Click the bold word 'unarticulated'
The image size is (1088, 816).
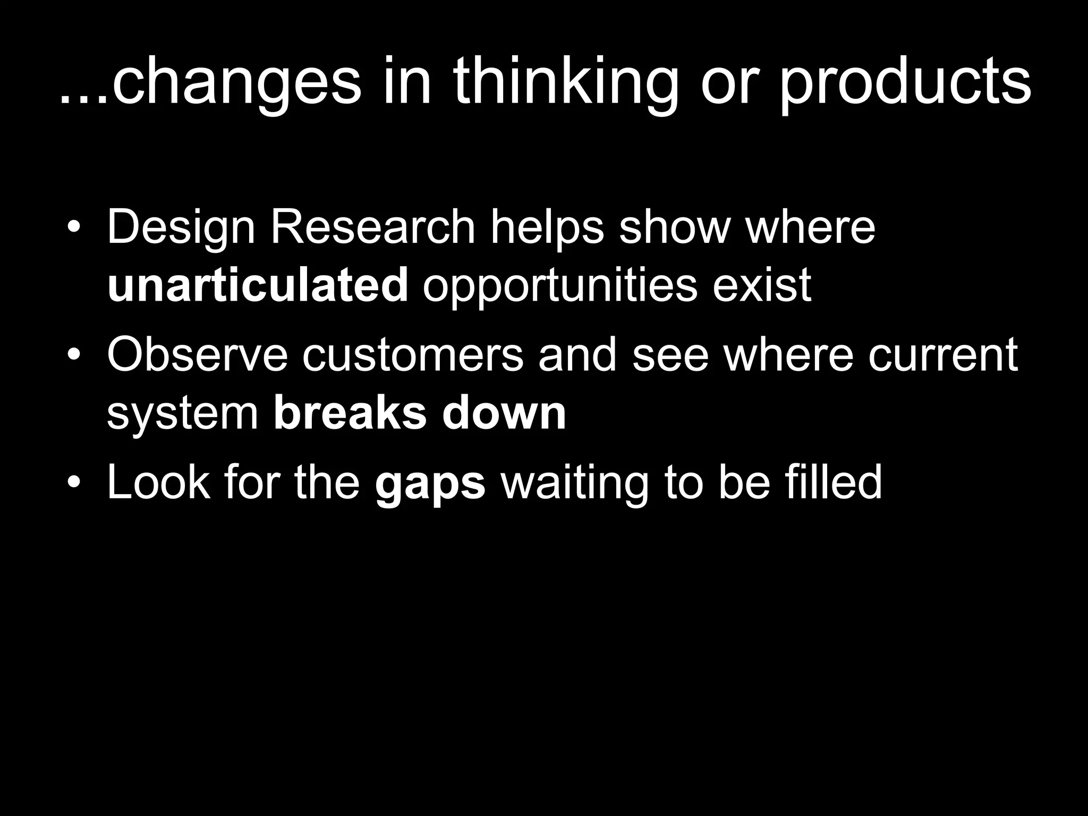click(x=258, y=285)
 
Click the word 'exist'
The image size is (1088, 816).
click(x=761, y=285)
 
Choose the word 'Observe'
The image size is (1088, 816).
click(x=197, y=355)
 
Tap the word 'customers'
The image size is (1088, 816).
click(x=413, y=355)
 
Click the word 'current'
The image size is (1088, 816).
click(x=943, y=355)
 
